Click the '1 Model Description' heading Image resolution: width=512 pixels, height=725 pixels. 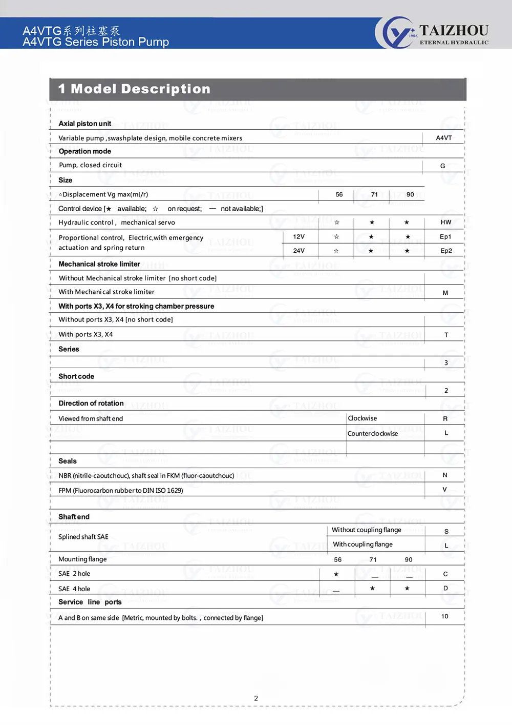click(134, 89)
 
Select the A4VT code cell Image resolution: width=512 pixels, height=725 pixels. click(443, 138)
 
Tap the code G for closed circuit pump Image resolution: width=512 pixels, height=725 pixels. click(442, 166)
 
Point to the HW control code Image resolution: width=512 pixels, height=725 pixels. click(445, 223)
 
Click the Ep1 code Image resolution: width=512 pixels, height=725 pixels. click(445, 237)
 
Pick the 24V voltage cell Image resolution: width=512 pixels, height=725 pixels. click(299, 251)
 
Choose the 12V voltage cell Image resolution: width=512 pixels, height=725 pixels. click(299, 237)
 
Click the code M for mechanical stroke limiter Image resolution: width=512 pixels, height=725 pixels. click(445, 293)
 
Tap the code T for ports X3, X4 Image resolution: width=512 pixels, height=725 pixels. click(446, 335)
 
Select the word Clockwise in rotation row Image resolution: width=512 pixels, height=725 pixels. click(362, 418)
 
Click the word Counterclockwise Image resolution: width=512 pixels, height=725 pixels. click(373, 434)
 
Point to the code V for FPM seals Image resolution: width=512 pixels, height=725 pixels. click(444, 490)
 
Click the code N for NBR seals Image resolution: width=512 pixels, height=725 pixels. click(444, 475)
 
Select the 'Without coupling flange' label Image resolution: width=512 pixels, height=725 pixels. click(367, 530)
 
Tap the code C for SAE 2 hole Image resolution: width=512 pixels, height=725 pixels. click(445, 574)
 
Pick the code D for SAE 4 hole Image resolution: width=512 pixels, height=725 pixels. click(445, 589)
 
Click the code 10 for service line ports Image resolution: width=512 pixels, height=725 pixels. click(444, 617)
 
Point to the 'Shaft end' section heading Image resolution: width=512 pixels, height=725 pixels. click(74, 517)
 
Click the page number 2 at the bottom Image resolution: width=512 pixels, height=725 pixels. click(256, 698)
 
